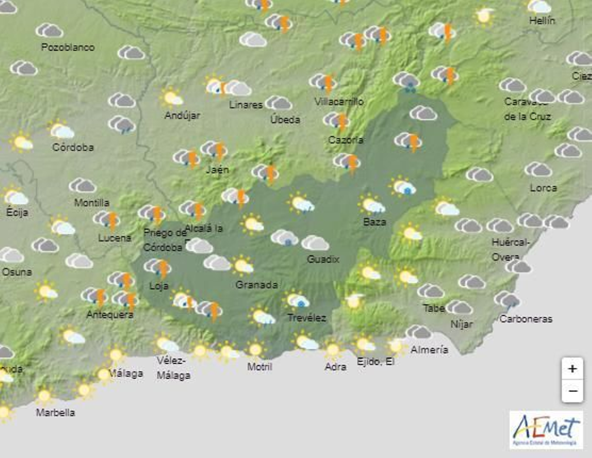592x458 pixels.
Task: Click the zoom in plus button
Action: click(x=572, y=369)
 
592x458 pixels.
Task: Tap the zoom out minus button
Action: click(x=572, y=391)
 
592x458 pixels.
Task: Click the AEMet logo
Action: click(x=546, y=430)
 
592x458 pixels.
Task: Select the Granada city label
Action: click(x=256, y=285)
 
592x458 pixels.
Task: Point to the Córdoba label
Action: click(x=73, y=147)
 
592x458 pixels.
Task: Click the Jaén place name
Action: click(x=217, y=170)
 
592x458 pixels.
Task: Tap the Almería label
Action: click(x=429, y=350)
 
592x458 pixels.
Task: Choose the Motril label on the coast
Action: click(x=259, y=367)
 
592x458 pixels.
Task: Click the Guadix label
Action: click(x=323, y=259)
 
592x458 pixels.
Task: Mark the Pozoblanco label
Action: click(x=68, y=47)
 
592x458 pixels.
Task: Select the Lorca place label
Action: click(x=543, y=188)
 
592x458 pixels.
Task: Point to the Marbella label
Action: click(x=55, y=412)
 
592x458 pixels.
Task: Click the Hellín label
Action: click(x=542, y=21)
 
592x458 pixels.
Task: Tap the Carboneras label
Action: click(x=525, y=319)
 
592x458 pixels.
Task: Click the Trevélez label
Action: click(x=306, y=318)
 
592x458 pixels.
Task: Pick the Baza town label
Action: click(x=374, y=222)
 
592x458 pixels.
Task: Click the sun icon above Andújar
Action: click(x=171, y=98)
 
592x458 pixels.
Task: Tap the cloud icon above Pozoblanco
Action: click(x=50, y=31)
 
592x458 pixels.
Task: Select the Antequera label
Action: click(x=110, y=315)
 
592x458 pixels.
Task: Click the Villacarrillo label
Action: click(x=339, y=101)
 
